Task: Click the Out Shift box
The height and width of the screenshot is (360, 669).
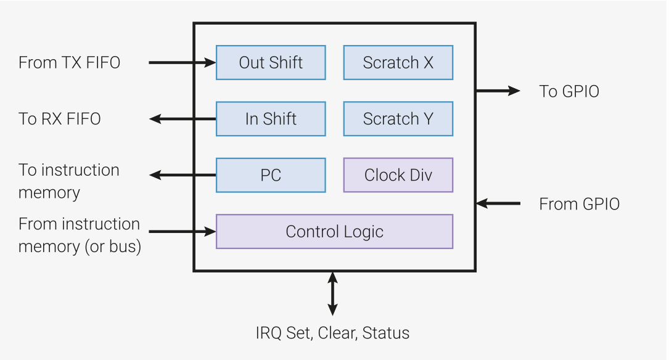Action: pyautogui.click(x=271, y=62)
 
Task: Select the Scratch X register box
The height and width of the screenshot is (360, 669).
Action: pyautogui.click(x=398, y=62)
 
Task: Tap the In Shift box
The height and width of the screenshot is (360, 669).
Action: pyautogui.click(x=271, y=119)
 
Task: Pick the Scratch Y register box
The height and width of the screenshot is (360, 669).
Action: pyautogui.click(x=398, y=119)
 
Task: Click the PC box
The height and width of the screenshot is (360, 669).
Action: pyautogui.click(x=271, y=175)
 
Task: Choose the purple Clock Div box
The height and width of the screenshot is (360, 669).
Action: pyautogui.click(x=398, y=175)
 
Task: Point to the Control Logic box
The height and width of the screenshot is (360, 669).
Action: pyautogui.click(x=334, y=232)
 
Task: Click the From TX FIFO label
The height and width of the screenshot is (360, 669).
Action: pyautogui.click(x=69, y=62)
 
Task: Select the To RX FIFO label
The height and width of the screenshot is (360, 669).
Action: pyautogui.click(x=59, y=119)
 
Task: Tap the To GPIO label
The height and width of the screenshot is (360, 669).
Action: pyautogui.click(x=569, y=91)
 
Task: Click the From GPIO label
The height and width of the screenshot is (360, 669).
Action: pyautogui.click(x=579, y=204)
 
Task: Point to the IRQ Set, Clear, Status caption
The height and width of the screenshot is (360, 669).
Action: pyautogui.click(x=332, y=333)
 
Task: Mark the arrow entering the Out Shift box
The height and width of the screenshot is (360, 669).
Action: pyautogui.click(x=182, y=62)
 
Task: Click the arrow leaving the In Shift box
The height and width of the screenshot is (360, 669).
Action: pyautogui.click(x=182, y=119)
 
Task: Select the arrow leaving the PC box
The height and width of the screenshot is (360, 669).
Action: pyautogui.click(x=182, y=175)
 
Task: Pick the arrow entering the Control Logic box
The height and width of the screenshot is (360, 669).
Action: pyautogui.click(x=182, y=232)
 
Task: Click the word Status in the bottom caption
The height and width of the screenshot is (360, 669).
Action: pyautogui.click(x=386, y=333)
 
